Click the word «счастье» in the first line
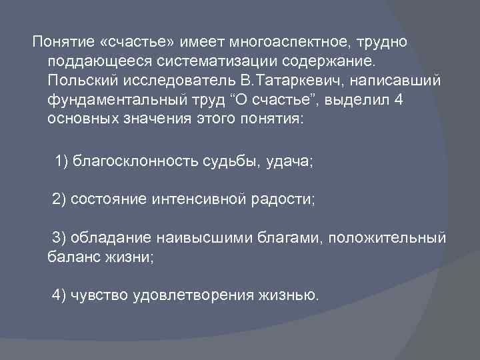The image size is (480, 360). (x=139, y=43)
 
